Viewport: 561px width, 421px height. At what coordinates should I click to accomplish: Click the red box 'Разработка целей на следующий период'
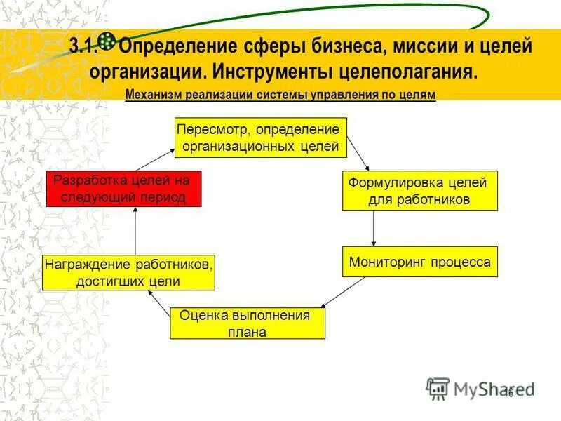124,189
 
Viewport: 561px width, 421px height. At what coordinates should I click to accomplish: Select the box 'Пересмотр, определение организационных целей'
260,138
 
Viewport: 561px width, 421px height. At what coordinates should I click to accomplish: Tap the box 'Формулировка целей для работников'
419,191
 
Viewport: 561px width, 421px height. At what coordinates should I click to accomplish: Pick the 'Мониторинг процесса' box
419,261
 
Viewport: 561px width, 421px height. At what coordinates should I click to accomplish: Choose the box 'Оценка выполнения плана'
249,323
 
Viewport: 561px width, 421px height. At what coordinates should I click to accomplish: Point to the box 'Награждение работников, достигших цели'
128,272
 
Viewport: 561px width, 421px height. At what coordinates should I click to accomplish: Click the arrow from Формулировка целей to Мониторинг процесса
374,228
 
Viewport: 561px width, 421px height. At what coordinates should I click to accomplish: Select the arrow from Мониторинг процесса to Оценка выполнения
344,292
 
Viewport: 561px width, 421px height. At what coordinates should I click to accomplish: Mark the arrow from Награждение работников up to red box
135,230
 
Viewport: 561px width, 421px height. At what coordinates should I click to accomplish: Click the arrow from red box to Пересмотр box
154,159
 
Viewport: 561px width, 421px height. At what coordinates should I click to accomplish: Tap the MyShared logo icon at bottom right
438,388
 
